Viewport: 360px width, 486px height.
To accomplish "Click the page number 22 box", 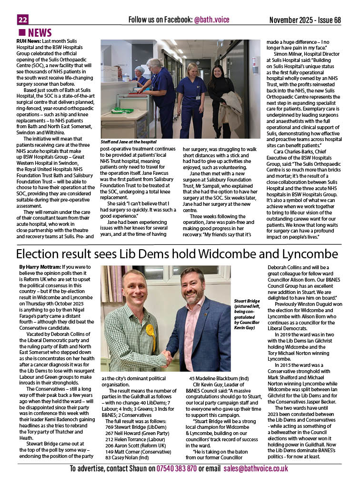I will [22, 20].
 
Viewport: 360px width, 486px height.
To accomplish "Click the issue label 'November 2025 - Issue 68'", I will [305, 20].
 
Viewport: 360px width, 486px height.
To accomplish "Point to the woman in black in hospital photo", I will [220, 95].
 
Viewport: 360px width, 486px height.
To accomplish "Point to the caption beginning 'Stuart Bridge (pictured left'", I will [247, 314].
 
